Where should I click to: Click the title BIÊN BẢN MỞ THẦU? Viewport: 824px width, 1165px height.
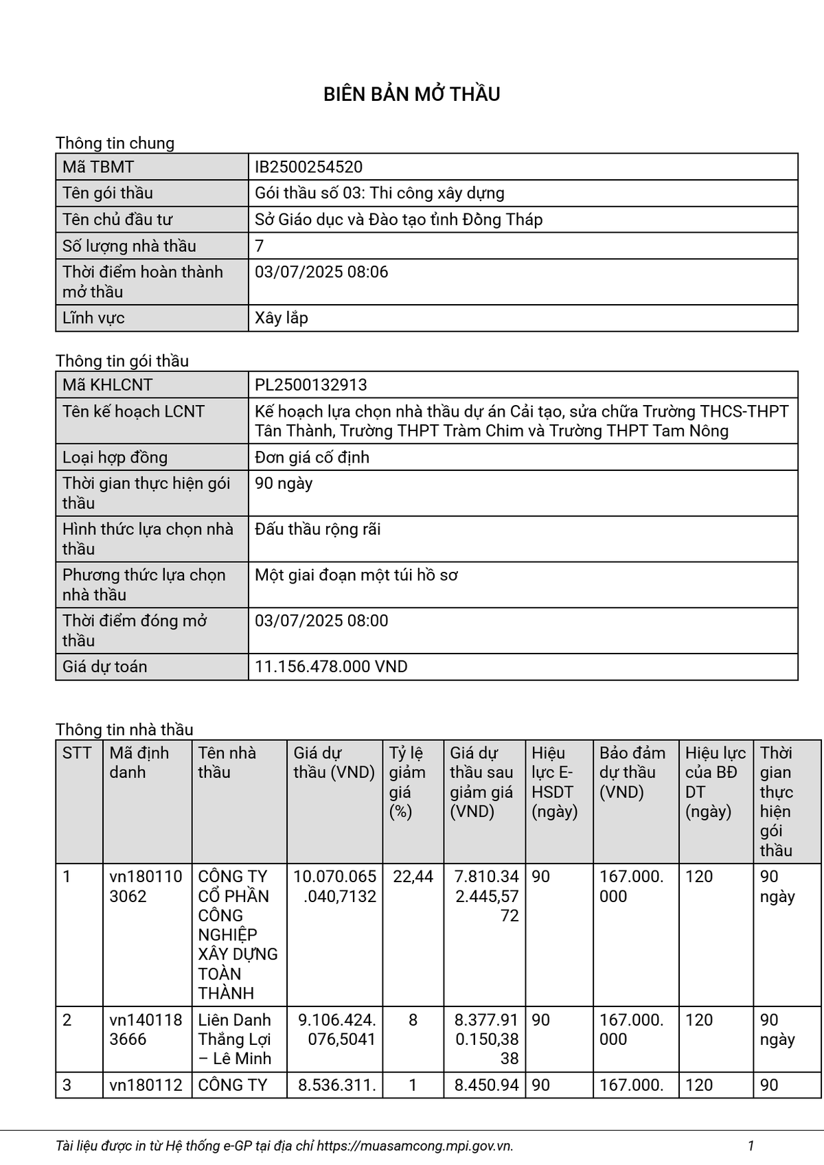pyautogui.click(x=411, y=94)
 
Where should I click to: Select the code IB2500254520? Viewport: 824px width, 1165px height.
pyautogui.click(x=308, y=167)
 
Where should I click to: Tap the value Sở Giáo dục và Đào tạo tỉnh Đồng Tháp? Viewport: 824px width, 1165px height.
pyautogui.click(x=398, y=220)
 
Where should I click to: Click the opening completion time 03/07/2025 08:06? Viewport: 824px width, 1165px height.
pyautogui.click(x=321, y=272)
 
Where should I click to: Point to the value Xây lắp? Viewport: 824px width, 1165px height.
pyautogui.click(x=282, y=318)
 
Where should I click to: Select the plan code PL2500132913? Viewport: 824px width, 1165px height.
pyautogui.click(x=311, y=385)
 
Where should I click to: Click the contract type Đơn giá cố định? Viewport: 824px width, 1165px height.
pyautogui.click(x=312, y=457)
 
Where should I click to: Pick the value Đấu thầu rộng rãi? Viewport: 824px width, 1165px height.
pyautogui.click(x=317, y=529)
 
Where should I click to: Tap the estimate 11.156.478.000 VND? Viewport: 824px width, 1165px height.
pyautogui.click(x=331, y=667)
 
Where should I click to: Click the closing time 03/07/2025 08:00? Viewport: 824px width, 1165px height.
pyautogui.click(x=321, y=621)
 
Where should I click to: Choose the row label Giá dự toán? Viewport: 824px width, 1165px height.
pyautogui.click(x=104, y=667)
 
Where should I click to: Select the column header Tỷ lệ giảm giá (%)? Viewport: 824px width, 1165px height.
pyautogui.click(x=407, y=782)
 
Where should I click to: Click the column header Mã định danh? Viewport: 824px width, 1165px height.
pyautogui.click(x=139, y=763)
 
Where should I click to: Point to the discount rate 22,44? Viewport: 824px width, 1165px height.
pyautogui.click(x=413, y=877)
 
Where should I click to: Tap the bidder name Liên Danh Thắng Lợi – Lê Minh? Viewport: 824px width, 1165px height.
pyautogui.click(x=235, y=1039)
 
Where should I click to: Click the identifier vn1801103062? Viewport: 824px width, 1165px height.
pyautogui.click(x=146, y=886)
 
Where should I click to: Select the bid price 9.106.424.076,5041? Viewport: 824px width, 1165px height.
pyautogui.click(x=336, y=1030)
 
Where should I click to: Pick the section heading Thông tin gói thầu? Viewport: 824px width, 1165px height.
pyautogui.click(x=122, y=361)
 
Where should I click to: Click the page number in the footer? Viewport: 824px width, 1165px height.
pyautogui.click(x=751, y=1145)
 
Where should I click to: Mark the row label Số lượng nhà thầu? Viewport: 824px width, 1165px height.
pyautogui.click(x=129, y=246)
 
